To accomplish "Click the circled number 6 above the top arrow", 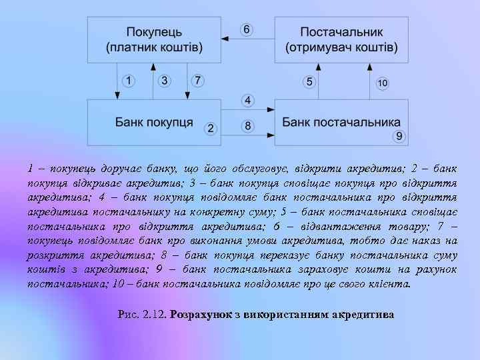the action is pos(247,30).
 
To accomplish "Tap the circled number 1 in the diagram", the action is pos(129,81).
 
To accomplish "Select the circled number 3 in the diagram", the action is pos(165,81).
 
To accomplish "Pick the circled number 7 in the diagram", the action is pos(197,81).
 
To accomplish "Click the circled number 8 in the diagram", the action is pos(247,125).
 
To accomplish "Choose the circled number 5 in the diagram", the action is pos(309,81).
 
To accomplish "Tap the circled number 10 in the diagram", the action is pos(382,83).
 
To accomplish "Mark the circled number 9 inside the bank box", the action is pos(399,136).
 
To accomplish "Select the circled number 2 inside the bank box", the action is pos(211,128).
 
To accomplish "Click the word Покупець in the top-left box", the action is pos(153,32).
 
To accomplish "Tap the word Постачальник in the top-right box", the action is pos(341,32).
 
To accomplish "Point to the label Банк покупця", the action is pos(154,123).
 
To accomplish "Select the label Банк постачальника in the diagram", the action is pos(341,123).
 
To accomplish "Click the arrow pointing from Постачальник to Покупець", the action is pos(247,40).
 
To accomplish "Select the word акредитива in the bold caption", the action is pos(365,313).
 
